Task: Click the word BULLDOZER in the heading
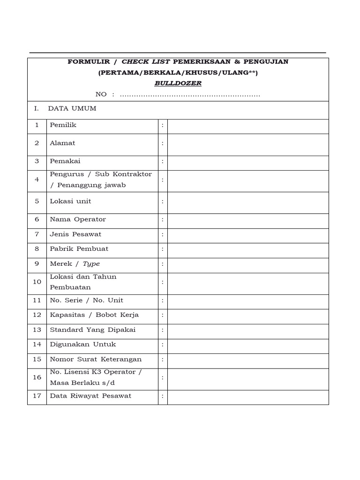tap(178, 83)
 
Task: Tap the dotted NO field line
tap(190, 95)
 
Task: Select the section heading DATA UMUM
tap(72, 109)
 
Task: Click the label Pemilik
tap(63, 125)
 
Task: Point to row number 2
tap(37, 143)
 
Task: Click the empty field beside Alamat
tap(247, 144)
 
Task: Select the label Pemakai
tap(65, 161)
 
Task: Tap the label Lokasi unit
tap(70, 202)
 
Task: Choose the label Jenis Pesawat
tap(75, 234)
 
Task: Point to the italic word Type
tap(91, 264)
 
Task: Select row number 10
tap(37, 282)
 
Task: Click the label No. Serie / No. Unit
tap(87, 300)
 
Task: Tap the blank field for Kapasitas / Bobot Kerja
tap(247, 315)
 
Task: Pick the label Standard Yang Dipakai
tap(92, 330)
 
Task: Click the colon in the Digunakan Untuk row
tap(163, 345)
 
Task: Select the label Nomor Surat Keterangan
tap(96, 360)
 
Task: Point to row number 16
tap(37, 377)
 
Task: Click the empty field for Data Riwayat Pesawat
tap(247, 397)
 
